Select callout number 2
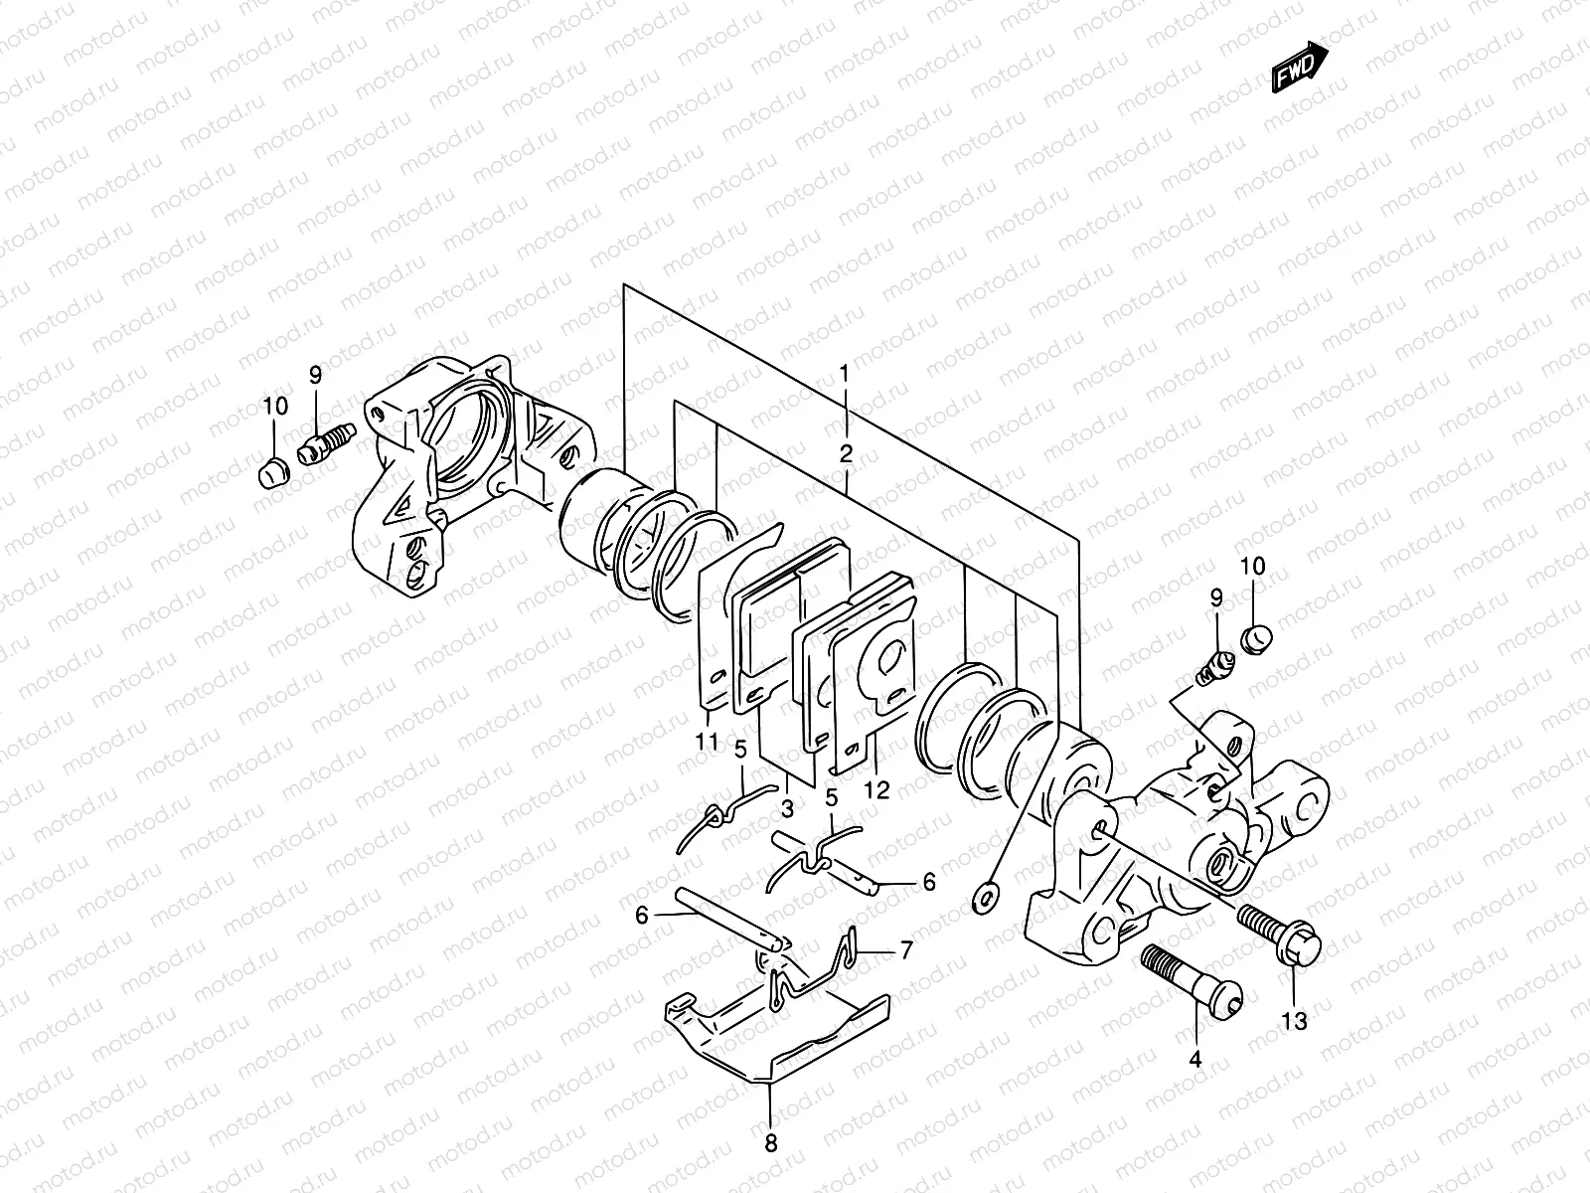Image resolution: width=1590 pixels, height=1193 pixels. tap(846, 454)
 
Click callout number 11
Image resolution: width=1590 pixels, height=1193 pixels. tap(707, 741)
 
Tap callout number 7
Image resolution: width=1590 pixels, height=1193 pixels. tap(905, 951)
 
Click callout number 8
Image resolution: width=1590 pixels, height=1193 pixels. tap(770, 1143)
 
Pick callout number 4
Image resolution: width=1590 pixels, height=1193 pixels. tap(1195, 1060)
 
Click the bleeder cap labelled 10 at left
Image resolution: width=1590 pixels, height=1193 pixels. tap(272, 474)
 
